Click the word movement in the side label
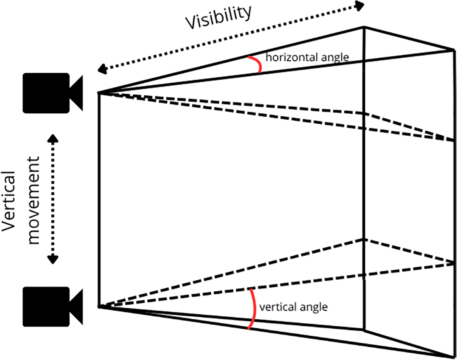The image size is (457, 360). (x=34, y=200)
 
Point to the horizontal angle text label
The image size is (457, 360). (x=307, y=58)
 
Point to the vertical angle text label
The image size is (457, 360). (x=293, y=307)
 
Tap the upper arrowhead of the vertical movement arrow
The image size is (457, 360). (x=53, y=138)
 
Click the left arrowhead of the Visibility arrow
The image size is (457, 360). (x=102, y=70)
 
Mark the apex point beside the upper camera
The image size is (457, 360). (x=99, y=93)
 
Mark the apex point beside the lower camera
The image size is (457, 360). (x=99, y=307)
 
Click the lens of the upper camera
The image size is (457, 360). (x=77, y=93)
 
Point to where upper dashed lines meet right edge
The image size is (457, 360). (x=453, y=140)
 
